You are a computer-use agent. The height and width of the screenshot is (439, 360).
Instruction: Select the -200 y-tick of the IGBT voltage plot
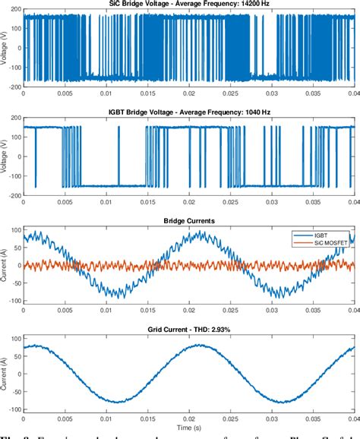pyautogui.click(x=13, y=195)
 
